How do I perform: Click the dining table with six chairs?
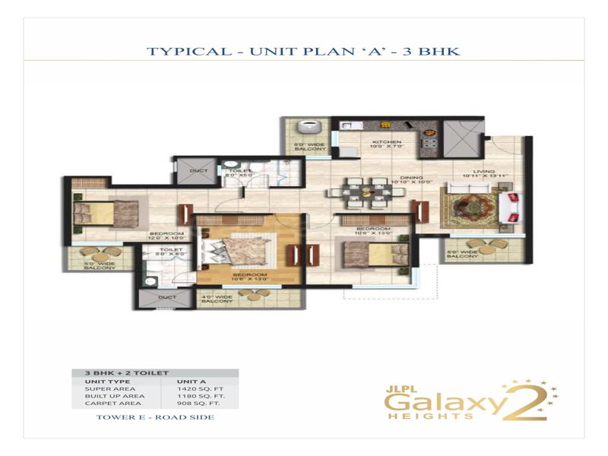tap(363, 192)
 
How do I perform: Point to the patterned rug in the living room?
tap(468, 205)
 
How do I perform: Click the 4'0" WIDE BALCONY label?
tap(217, 299)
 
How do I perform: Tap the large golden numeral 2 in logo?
tap(530, 401)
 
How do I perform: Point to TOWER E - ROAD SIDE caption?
tap(155, 417)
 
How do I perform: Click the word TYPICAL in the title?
tap(182, 52)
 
